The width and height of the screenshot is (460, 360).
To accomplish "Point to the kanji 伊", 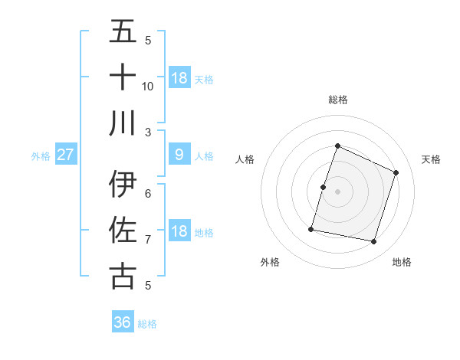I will point(123,185).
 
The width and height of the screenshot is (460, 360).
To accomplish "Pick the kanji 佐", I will point(123,230).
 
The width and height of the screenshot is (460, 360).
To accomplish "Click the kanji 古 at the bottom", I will point(123,276).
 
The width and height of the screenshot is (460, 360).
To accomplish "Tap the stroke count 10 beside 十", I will point(148,86).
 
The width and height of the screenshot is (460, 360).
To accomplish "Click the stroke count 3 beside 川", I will point(148,133).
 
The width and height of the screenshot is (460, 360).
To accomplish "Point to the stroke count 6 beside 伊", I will point(148,193).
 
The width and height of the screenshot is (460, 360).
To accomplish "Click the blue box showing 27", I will point(66,155).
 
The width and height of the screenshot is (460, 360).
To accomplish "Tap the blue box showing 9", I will point(179,155).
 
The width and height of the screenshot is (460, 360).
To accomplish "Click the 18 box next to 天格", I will point(179,78).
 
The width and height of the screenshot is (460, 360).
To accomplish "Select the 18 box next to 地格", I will point(179,231).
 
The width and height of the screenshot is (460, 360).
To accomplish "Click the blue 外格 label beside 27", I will point(41,156).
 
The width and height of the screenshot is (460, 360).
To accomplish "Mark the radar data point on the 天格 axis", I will point(396,172).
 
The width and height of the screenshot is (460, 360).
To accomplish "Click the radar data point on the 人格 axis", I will point(324,187).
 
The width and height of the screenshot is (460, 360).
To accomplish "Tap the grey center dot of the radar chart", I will point(337,191).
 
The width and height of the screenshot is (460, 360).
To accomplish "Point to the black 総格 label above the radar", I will point(337,100).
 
